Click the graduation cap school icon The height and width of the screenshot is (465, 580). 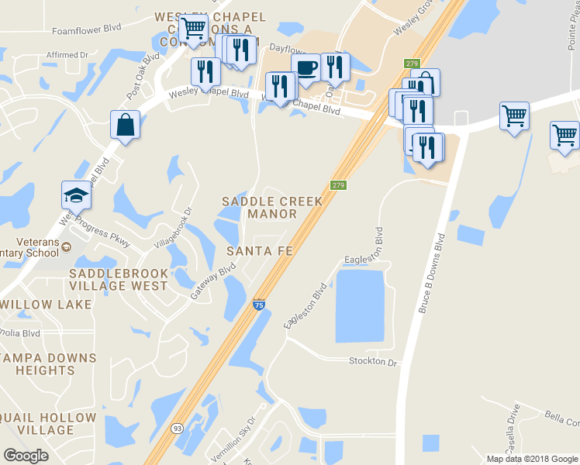click(x=77, y=195)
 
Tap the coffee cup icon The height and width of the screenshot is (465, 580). click(x=306, y=68)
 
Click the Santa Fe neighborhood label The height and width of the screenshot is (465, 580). click(x=259, y=251)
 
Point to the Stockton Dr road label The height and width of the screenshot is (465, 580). click(x=373, y=362)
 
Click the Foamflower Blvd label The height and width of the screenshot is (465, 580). click(x=87, y=31)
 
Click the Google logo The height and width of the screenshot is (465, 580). click(x=26, y=456)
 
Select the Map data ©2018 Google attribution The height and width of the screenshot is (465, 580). click(x=532, y=459)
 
